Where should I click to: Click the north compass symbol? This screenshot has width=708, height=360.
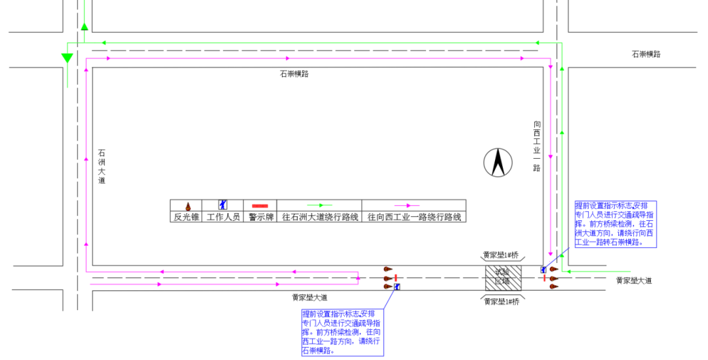click(498, 163)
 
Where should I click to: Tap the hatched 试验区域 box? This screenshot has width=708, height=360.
click(503, 277)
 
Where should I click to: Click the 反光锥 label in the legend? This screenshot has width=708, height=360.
click(187, 217)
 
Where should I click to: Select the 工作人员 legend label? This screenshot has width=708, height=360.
click(224, 217)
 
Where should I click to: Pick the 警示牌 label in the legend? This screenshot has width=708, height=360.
click(260, 217)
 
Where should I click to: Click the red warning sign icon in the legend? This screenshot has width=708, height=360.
click(260, 206)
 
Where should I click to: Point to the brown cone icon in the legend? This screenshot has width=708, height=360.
click(187, 206)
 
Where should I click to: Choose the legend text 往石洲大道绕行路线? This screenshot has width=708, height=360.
click(320, 217)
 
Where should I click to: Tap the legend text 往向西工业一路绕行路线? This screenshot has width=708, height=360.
click(414, 217)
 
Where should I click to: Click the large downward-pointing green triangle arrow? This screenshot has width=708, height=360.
click(67, 58)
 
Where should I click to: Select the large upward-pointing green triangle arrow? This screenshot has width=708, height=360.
click(85, 27)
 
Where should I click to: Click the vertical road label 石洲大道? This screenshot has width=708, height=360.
click(102, 167)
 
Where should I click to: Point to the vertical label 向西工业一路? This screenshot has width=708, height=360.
click(537, 146)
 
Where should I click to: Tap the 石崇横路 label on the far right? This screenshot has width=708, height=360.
click(646, 54)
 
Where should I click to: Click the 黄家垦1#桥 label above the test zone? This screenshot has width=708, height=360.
click(501, 255)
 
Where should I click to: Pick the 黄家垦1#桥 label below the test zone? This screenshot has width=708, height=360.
click(501, 302)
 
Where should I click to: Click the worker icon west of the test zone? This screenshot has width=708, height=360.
click(398, 286)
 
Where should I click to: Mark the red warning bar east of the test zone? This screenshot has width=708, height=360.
click(544, 278)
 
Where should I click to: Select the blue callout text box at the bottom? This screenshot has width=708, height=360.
click(342, 332)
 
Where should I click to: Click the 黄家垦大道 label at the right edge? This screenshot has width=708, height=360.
click(634, 281)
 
